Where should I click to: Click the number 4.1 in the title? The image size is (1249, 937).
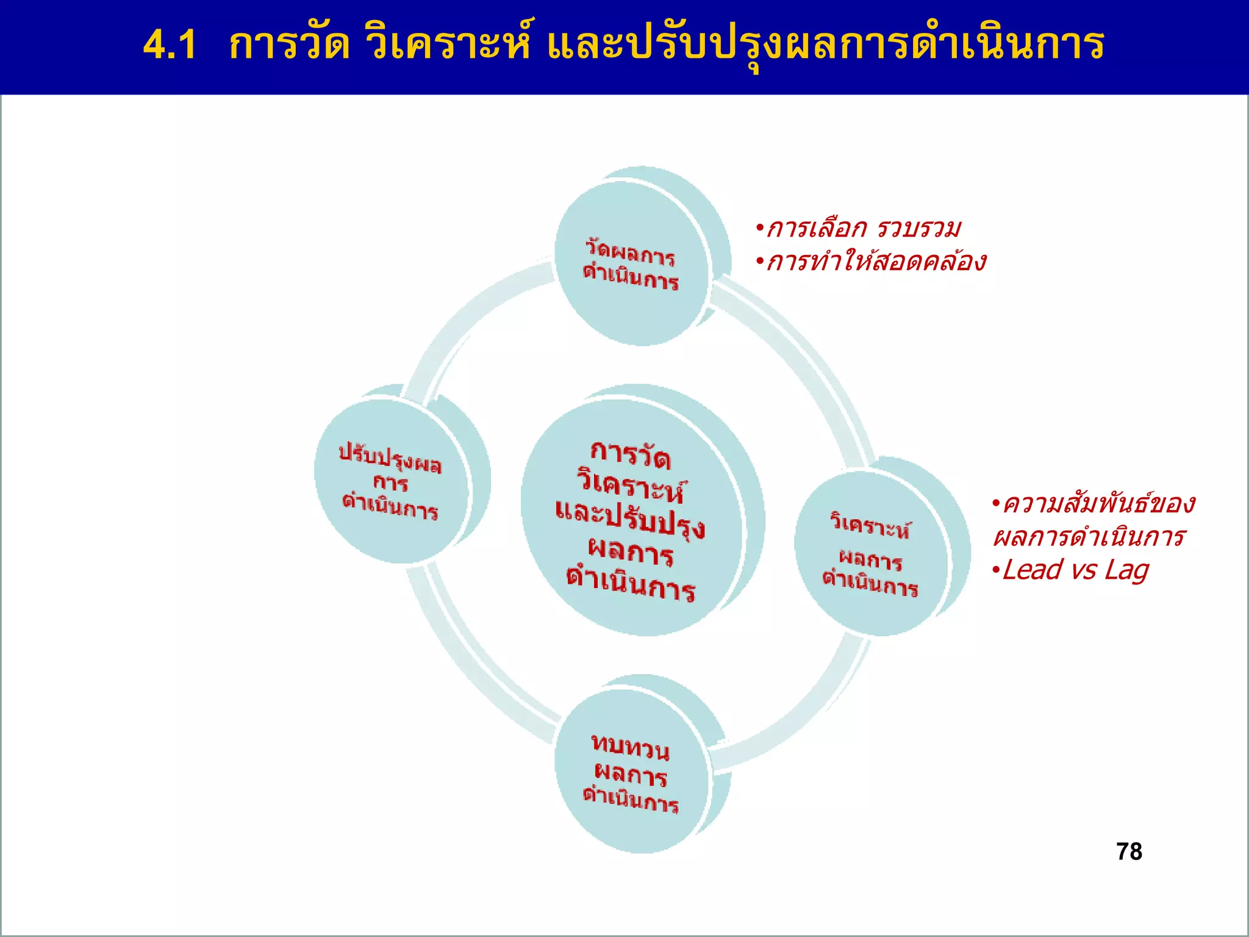(170, 46)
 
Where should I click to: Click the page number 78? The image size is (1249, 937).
(1129, 852)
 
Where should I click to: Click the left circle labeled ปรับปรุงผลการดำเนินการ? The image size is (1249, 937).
(391, 481)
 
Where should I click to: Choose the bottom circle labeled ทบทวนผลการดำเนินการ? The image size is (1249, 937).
(632, 772)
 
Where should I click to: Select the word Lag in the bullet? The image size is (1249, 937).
(1126, 570)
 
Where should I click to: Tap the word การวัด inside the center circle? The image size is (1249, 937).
(631, 455)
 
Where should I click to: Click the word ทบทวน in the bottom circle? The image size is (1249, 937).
(631, 747)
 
